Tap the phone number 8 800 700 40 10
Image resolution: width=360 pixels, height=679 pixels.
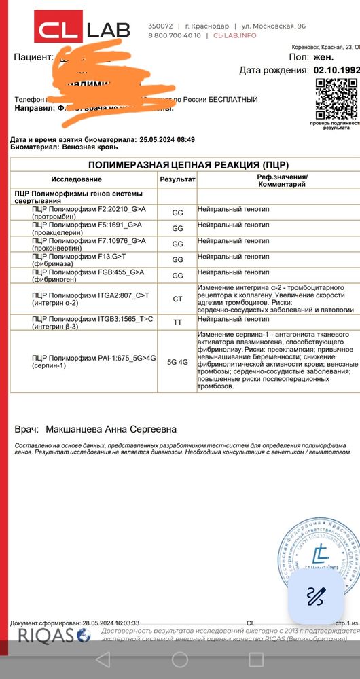175,35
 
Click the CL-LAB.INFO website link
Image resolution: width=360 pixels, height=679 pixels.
235,35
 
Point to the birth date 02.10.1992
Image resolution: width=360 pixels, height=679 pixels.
336,70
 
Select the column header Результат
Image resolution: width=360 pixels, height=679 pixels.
177,179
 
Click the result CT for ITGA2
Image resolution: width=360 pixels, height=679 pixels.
177,298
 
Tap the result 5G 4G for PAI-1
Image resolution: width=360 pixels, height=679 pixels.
177,362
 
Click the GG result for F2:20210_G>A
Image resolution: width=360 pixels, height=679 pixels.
177,213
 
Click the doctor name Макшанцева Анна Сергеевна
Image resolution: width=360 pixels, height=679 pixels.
110,429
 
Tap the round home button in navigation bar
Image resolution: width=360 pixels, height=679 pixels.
180,659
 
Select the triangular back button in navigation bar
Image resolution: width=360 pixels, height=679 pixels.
103,659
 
